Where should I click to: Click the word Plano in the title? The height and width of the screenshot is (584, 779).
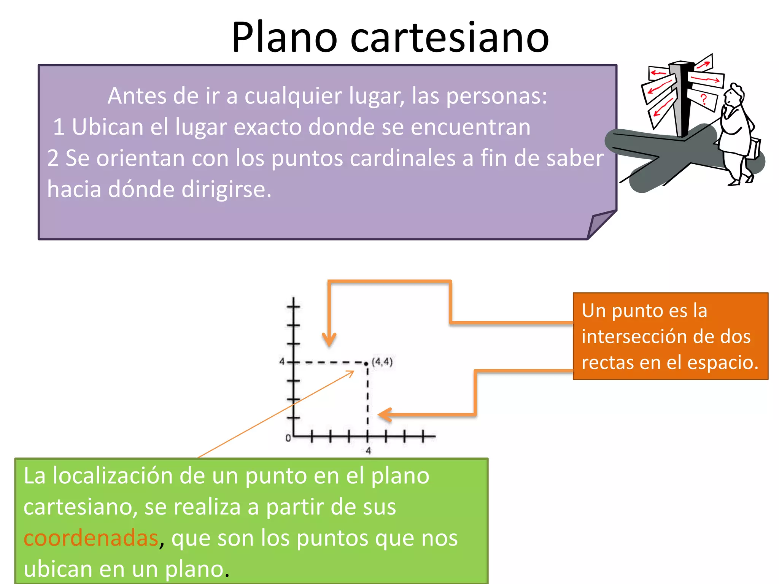click(284, 37)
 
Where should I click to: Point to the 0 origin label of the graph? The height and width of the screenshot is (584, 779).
click(288, 438)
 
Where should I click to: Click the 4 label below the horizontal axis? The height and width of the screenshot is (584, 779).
click(368, 451)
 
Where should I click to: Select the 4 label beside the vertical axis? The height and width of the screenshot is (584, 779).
click(282, 361)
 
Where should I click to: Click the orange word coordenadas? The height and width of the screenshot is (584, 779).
click(91, 538)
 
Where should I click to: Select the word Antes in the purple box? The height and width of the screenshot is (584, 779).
click(137, 96)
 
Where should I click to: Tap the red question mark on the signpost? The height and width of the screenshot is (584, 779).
click(704, 99)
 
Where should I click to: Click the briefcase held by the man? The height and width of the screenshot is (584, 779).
click(755, 148)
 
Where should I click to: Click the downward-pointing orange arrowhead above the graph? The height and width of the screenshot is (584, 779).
click(329, 339)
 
